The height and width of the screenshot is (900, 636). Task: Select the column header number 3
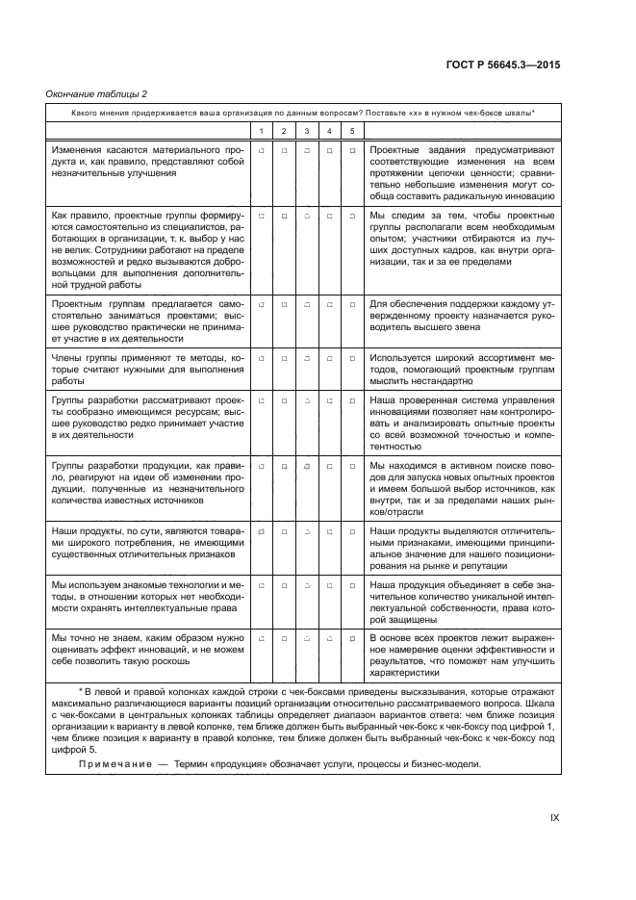pos(306,131)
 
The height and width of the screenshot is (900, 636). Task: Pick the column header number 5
pos(352,131)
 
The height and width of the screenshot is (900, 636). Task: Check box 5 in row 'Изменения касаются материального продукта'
pos(352,151)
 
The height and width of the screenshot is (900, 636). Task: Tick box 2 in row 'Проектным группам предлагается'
pos(284,305)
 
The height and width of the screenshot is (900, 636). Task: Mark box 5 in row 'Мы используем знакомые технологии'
pos(352,584)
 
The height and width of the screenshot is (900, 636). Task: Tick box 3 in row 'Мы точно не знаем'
pos(306,638)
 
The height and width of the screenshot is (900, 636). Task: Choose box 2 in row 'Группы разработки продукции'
pos(284,465)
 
